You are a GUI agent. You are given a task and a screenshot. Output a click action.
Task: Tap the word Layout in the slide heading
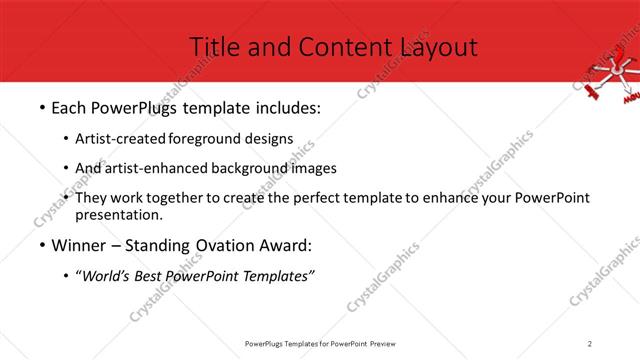[x=438, y=46]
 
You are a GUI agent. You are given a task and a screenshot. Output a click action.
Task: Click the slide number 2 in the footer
[x=591, y=343]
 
